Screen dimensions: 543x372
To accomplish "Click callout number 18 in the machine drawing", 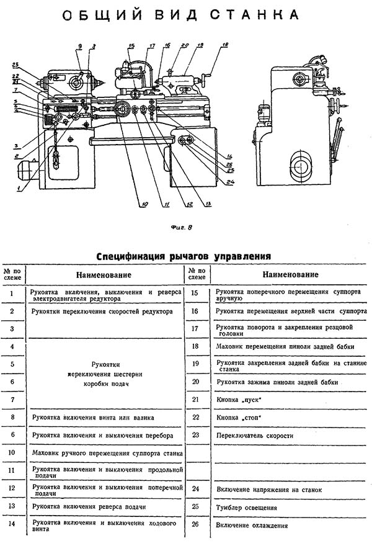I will point(224,45).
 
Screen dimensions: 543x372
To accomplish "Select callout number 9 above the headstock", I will point(80,47).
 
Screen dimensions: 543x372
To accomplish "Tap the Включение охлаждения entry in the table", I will point(251,526).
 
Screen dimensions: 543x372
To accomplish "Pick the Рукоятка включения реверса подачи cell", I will point(89,507).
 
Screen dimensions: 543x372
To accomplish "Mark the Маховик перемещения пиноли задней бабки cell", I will point(277,346).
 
